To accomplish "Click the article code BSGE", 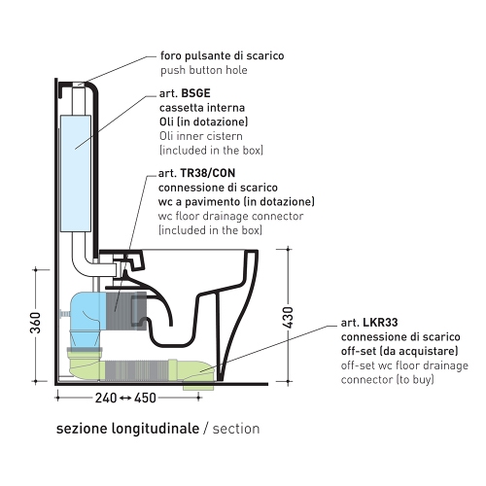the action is (195, 93).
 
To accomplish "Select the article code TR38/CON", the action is (208, 173).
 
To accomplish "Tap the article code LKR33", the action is (380, 323).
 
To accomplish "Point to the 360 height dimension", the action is (36, 323).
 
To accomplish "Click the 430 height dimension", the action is (288, 318).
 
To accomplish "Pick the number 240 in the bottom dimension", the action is (106, 398).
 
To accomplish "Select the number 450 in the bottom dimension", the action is (145, 398).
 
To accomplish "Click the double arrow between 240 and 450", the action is (125, 399).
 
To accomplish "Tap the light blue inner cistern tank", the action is (76, 173).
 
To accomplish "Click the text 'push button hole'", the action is (204, 70).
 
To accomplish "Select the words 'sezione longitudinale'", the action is (127, 429).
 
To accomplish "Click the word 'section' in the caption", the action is (236, 429).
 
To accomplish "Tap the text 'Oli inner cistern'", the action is (201, 136).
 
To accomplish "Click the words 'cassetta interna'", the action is (202, 108).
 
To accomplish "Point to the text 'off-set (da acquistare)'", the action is (399, 351).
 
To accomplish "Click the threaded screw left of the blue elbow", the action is (64, 314).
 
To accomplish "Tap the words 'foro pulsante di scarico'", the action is (223, 55).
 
